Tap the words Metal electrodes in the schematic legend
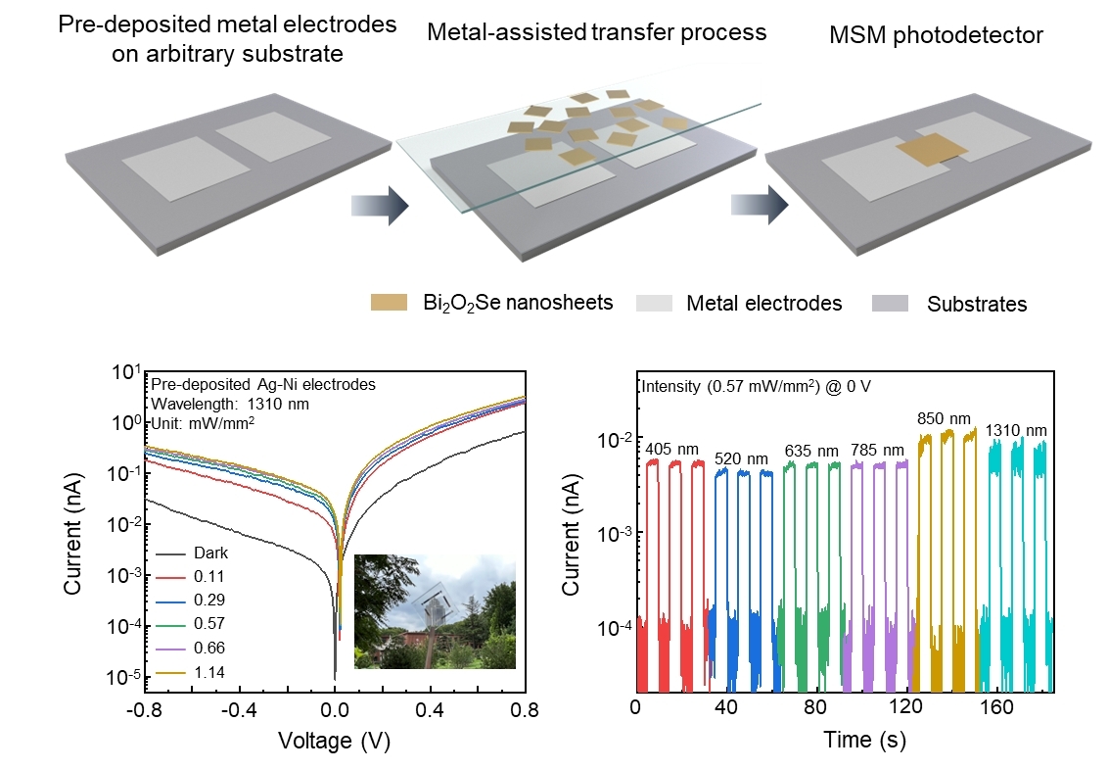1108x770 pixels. click(764, 304)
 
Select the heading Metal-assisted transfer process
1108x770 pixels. click(597, 32)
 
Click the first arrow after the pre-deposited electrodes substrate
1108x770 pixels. click(378, 206)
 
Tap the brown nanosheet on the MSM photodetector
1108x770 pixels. click(932, 150)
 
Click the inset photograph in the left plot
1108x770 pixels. click(435, 611)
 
